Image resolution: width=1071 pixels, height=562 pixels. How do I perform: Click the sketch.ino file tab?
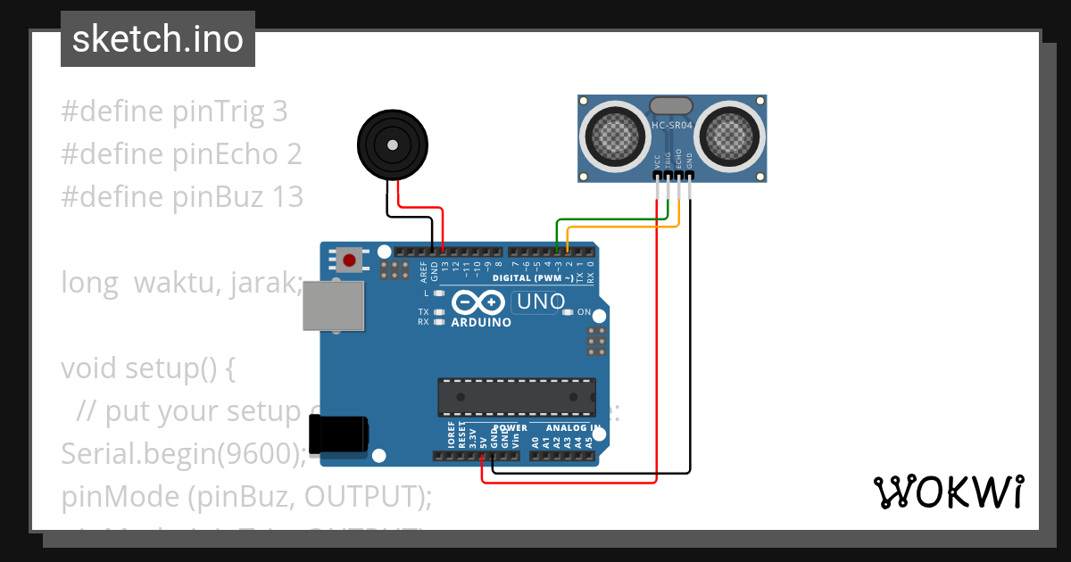(158, 39)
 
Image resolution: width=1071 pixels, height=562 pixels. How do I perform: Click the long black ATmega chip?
(516, 397)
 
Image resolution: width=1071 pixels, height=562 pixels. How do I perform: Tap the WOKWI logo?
(948, 492)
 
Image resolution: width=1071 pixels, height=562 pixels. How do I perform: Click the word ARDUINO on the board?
(481, 322)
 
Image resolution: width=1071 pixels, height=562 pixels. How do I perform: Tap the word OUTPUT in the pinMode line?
(361, 497)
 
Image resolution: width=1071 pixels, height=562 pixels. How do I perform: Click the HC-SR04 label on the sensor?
(671, 125)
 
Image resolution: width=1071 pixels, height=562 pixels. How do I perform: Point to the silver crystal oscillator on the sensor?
(671, 105)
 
